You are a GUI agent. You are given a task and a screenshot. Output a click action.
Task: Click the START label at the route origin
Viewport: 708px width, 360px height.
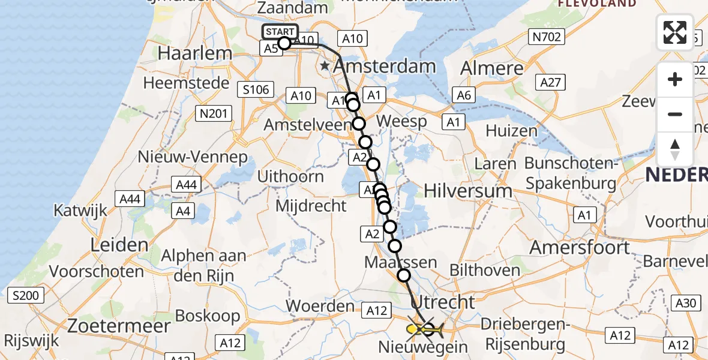point(280,31)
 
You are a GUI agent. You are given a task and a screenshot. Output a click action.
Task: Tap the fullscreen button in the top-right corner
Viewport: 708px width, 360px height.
point(675,32)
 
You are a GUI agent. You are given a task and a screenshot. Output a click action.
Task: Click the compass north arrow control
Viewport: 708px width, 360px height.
point(675,149)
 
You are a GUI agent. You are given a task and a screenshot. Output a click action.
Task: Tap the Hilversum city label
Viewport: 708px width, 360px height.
point(468,191)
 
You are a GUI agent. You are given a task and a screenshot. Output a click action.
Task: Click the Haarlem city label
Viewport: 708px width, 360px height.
point(194,53)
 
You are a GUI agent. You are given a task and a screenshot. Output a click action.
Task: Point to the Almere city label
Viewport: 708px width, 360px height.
point(493,68)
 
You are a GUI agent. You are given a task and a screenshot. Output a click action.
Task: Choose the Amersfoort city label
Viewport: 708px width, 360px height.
point(580,247)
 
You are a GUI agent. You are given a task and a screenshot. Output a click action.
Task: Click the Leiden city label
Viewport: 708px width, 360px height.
point(119,245)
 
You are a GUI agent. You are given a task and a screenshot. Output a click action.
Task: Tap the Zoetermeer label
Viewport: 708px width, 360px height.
point(119,326)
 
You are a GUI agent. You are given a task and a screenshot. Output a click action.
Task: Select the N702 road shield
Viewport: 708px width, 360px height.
point(546,37)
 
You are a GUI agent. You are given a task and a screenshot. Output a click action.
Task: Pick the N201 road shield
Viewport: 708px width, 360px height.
point(213,113)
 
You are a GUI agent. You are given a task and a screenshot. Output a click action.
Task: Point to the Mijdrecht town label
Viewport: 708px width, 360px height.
point(311,206)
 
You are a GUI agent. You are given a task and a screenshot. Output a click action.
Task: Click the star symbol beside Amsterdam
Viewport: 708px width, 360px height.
point(325,65)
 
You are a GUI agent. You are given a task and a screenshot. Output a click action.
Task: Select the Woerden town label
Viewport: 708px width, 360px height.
point(320,305)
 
